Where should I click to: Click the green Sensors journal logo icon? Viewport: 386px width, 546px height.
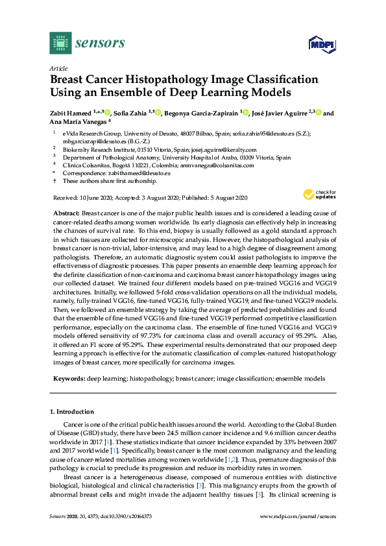coord(60,44)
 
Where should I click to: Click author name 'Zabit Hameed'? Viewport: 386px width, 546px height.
coord(71,113)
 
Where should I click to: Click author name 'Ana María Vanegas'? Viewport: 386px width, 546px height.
coord(78,121)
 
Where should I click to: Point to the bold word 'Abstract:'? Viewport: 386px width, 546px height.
coord(66,213)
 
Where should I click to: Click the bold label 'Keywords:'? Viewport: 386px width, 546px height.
coord(68,378)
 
